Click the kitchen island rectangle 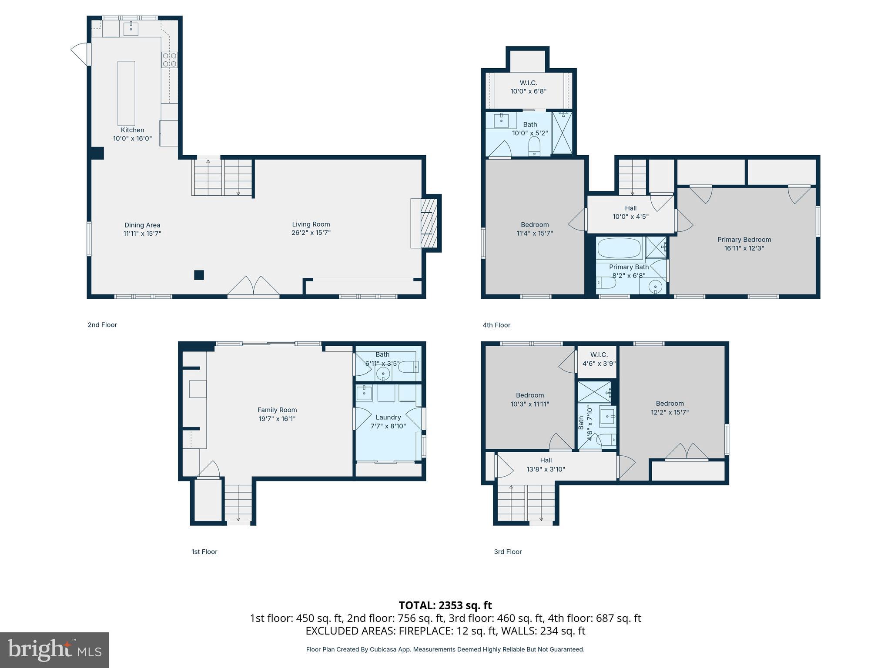[126, 93]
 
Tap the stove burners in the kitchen [169, 60]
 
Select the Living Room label [311, 224]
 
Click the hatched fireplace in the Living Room [429, 223]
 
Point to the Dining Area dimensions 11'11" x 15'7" [142, 234]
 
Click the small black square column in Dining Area [199, 275]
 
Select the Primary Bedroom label [744, 240]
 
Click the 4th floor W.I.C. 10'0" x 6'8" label [528, 87]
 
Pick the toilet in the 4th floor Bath [534, 146]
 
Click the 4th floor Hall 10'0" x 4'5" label [630, 212]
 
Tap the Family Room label [277, 410]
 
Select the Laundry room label [388, 417]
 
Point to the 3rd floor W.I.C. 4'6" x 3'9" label [599, 359]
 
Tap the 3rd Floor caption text [508, 551]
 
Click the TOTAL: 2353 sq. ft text [445, 605]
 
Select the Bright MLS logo [54, 650]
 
